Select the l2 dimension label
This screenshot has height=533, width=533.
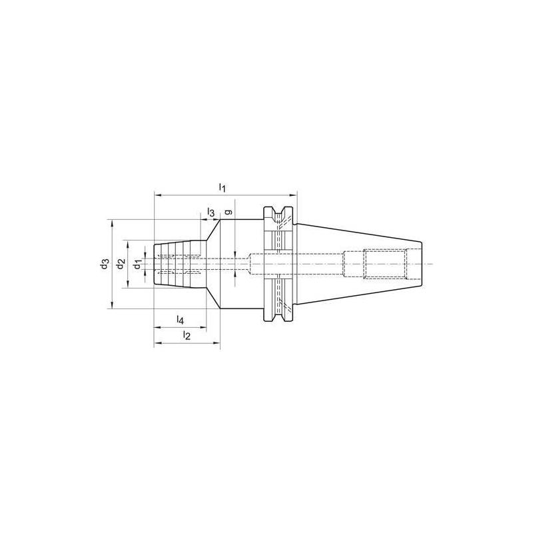coord(187,336)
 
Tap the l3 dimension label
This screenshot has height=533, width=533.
coord(211,212)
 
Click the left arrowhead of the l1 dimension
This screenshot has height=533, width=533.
coord(157,195)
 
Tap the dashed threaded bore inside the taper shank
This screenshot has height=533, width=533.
coord(384,265)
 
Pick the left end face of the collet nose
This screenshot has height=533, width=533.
coord(155,265)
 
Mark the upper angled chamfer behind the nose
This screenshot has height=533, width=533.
coord(213,231)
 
